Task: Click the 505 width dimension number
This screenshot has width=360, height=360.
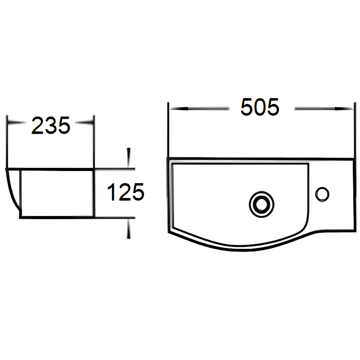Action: pos(260,108)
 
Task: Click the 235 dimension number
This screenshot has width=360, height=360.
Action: pos(51,126)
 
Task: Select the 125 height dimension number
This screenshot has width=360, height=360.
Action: pos(125,193)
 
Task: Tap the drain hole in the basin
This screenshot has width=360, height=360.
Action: pos(261,204)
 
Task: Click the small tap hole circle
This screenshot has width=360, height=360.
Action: pos(322,194)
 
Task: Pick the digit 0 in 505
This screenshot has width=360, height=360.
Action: pos(260,108)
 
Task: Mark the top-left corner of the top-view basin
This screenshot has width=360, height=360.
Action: pos(169,159)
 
